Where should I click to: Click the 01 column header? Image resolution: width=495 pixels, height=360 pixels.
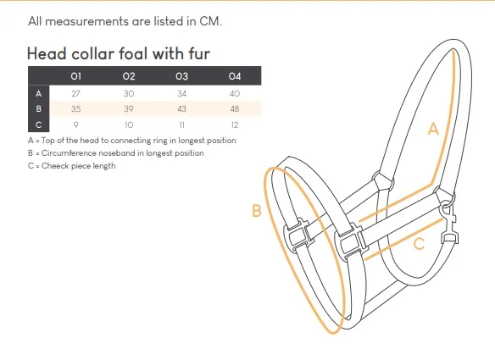(x=75, y=76)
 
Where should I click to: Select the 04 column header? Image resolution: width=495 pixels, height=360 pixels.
(x=235, y=76)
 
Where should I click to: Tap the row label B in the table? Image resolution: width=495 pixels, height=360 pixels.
(x=38, y=109)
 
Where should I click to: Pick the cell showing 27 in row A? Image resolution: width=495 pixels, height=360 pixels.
(x=75, y=94)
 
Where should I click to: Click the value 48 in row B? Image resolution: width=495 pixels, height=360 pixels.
(x=235, y=109)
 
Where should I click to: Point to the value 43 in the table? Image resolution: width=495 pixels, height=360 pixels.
(x=181, y=109)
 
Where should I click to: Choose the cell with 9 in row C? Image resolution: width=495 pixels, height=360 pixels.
(x=75, y=125)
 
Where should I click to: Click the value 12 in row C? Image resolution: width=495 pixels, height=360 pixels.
(x=235, y=125)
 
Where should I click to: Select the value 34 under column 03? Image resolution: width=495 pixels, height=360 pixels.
(x=181, y=94)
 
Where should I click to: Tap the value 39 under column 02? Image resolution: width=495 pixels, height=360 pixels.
(x=129, y=109)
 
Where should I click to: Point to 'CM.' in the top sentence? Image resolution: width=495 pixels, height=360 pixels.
(x=210, y=21)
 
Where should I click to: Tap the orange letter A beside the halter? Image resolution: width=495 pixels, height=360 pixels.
(x=433, y=130)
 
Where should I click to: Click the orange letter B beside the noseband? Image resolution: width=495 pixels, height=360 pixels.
(x=257, y=210)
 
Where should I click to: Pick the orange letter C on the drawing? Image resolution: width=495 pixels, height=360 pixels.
(x=419, y=244)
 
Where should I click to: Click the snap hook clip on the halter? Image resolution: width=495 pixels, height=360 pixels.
(x=450, y=225)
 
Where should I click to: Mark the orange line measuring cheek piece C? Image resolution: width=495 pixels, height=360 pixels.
(x=403, y=239)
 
